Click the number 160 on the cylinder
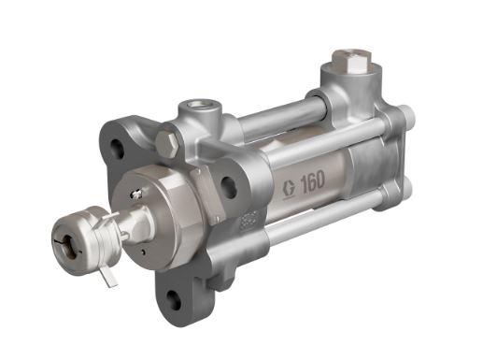pos(313,180)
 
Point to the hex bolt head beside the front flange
pos(168,143)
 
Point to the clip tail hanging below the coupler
pos(109,277)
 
